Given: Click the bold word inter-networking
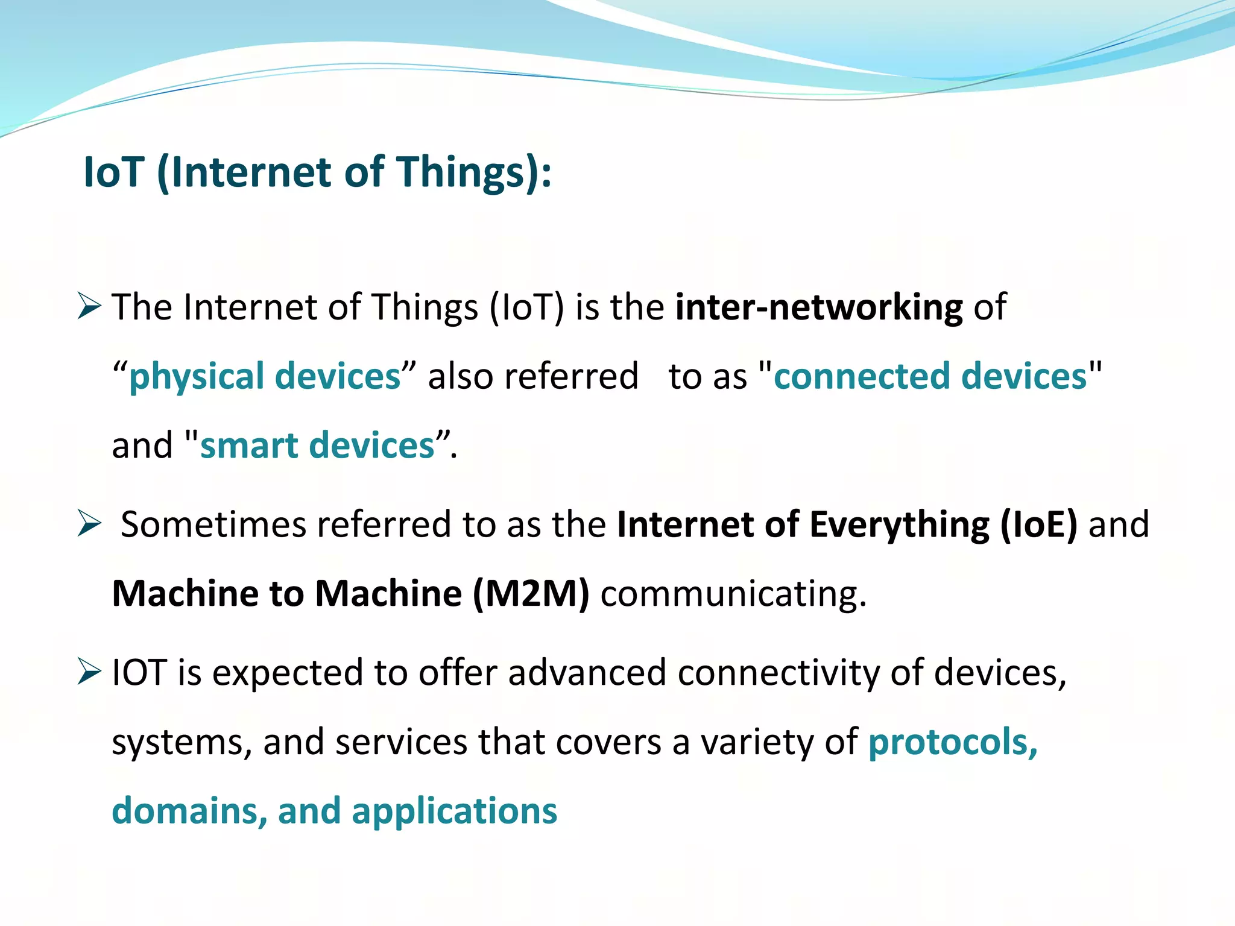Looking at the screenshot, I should (818, 307).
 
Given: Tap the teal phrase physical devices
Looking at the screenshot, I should (265, 377).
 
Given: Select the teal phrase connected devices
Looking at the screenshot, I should (930, 377).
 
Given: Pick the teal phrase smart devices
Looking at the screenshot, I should (317, 446).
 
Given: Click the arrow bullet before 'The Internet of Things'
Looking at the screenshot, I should (89, 306).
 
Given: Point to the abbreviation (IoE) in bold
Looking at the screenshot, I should (1038, 524).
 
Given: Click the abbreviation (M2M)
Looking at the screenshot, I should (531, 594).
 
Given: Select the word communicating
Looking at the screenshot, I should (733, 594).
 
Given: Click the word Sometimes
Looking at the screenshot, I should (213, 524).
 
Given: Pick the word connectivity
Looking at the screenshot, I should (779, 673).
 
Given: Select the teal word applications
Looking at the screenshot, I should (455, 811).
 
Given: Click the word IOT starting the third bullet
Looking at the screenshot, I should (139, 673).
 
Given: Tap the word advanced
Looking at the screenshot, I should (587, 673).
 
